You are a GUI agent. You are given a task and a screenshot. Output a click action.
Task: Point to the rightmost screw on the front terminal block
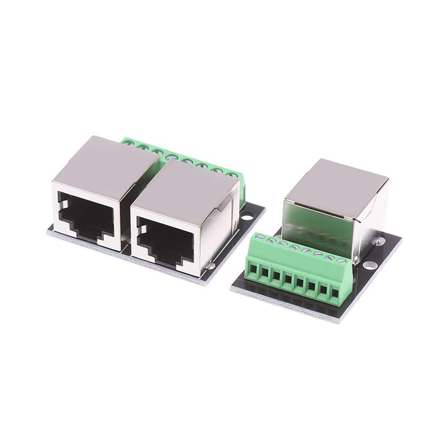[342, 261]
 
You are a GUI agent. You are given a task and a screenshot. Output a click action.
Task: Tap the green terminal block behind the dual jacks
[181, 153]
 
